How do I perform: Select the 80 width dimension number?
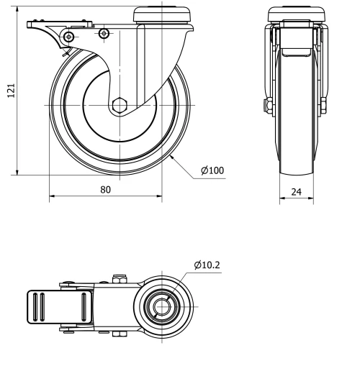click(x=105, y=190)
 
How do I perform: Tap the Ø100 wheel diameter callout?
click(x=212, y=170)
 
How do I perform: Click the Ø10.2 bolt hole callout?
click(x=207, y=265)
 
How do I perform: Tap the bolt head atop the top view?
click(x=120, y=278)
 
